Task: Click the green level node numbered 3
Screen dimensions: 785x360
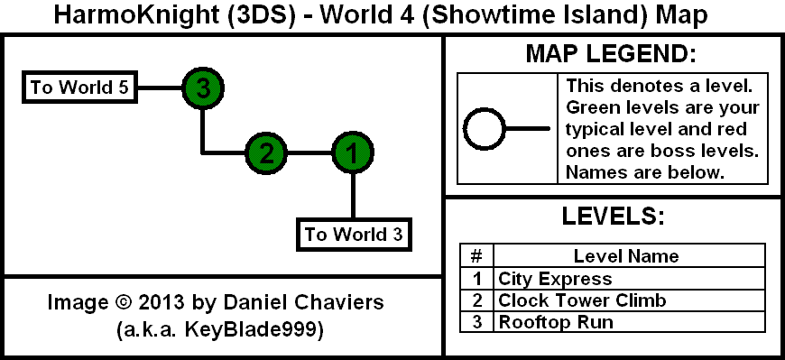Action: pyautogui.click(x=202, y=88)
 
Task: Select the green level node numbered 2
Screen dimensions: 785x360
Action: pyautogui.click(x=266, y=152)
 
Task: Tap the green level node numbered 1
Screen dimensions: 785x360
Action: pyautogui.click(x=353, y=152)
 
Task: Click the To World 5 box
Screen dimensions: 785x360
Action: pyautogui.click(x=79, y=88)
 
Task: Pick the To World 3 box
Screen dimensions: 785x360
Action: pyautogui.click(x=354, y=234)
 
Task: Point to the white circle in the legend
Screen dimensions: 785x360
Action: pyautogui.click(x=485, y=129)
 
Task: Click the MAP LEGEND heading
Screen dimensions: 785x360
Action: pyautogui.click(x=611, y=54)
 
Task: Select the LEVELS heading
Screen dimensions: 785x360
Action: pyautogui.click(x=613, y=216)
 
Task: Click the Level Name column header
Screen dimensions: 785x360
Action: pyautogui.click(x=626, y=256)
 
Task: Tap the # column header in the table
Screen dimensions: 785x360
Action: pyautogui.click(x=476, y=256)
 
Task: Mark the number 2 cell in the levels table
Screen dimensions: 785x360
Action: pyautogui.click(x=476, y=300)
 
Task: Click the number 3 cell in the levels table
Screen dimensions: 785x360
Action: pyautogui.click(x=476, y=321)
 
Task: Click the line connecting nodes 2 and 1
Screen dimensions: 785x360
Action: pyautogui.click(x=309, y=152)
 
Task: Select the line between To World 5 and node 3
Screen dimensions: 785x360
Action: pyautogui.click(x=159, y=88)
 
